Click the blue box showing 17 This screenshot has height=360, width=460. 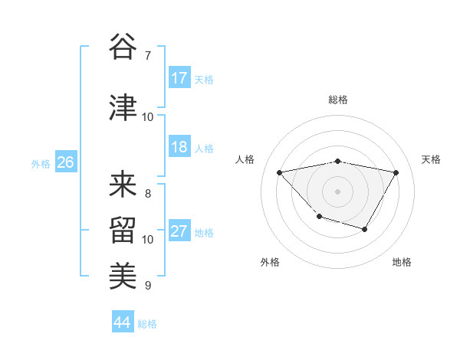pyautogui.click(x=179, y=78)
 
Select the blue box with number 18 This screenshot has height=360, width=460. pyautogui.click(x=179, y=147)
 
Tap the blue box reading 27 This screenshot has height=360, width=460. pyautogui.click(x=179, y=231)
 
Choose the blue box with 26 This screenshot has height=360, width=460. pyautogui.click(x=65, y=162)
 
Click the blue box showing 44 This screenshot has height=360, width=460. pyautogui.click(x=123, y=322)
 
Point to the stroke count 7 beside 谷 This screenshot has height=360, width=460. pyautogui.click(x=148, y=56)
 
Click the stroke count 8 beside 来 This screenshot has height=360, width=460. pyautogui.click(x=148, y=194)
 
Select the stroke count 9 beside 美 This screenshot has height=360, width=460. pyautogui.click(x=148, y=286)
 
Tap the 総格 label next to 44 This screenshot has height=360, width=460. pyautogui.click(x=147, y=324)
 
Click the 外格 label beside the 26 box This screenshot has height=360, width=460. pyautogui.click(x=41, y=163)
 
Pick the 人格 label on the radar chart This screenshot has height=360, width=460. pyautogui.click(x=245, y=159)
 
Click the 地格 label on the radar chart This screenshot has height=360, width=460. pyautogui.click(x=402, y=263)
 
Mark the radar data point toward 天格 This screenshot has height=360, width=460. pyautogui.click(x=396, y=172)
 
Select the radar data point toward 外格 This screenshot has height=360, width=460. pyautogui.click(x=319, y=217)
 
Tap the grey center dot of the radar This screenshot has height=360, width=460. pyautogui.click(x=337, y=191)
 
